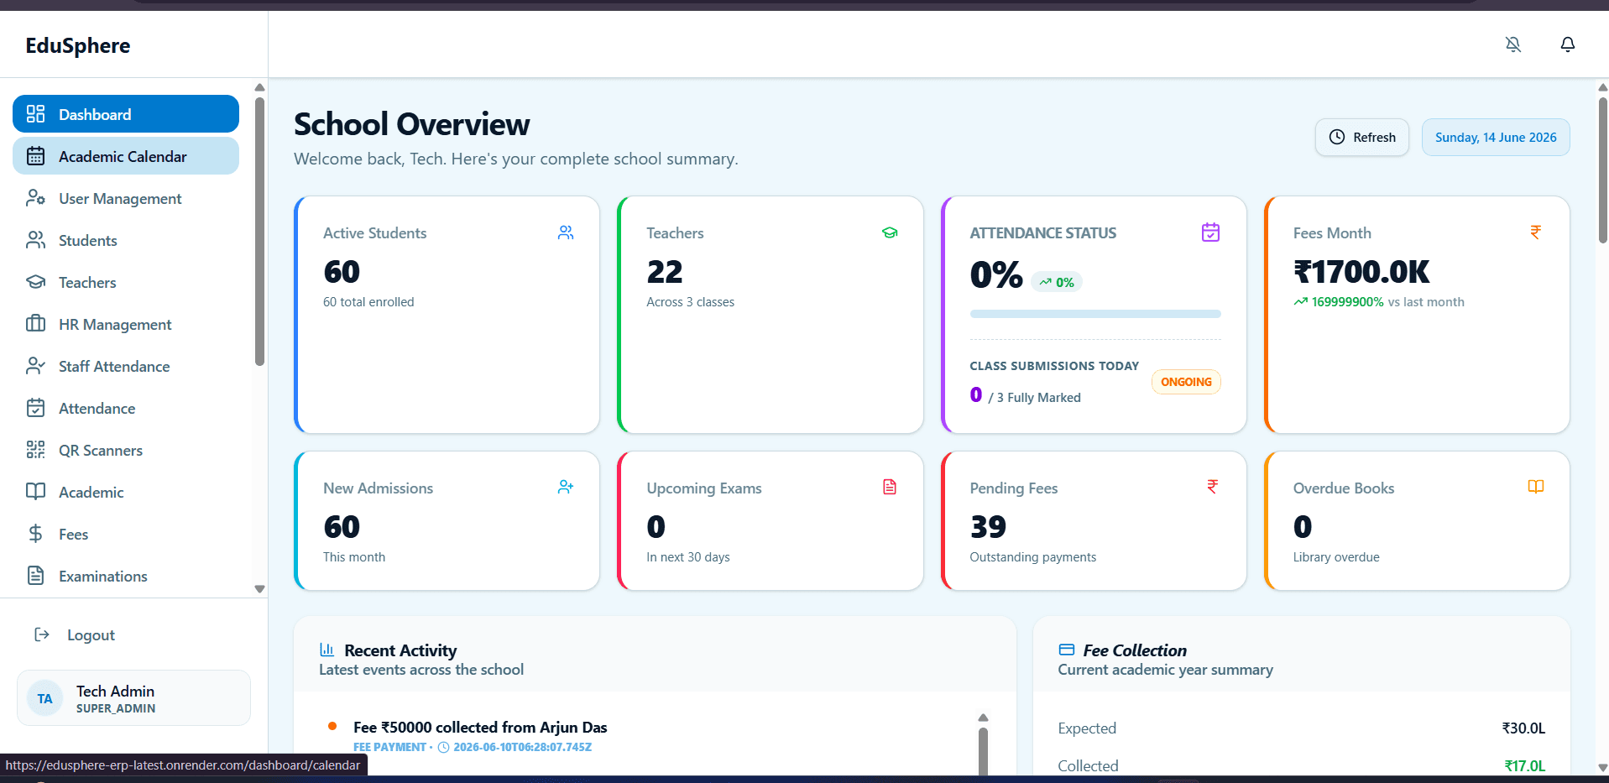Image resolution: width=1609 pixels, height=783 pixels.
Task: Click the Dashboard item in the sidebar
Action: (126, 114)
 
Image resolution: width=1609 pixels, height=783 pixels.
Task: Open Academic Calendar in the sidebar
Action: (126, 156)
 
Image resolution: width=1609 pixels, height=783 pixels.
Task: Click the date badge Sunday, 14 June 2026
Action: (1496, 138)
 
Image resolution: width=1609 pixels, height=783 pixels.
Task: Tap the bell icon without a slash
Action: (1567, 44)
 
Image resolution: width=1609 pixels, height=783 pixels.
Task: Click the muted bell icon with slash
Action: (1512, 44)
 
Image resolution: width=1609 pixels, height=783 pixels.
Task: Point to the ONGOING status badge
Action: (1186, 382)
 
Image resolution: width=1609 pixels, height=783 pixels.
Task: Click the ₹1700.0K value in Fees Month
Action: (1361, 272)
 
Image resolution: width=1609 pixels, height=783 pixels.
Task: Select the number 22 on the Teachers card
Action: (665, 272)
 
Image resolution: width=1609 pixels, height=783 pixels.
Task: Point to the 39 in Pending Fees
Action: (988, 527)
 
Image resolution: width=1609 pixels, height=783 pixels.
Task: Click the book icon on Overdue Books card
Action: (1536, 487)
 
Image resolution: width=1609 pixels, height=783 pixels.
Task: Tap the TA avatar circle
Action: (45, 698)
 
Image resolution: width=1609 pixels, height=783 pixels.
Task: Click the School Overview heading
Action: (412, 124)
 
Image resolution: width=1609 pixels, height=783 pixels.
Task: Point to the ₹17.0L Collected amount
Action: (1524, 765)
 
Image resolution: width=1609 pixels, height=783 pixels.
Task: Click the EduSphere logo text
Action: (78, 45)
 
